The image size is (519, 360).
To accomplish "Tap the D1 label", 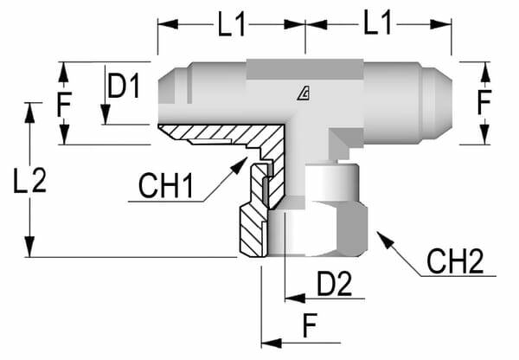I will [123, 87].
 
